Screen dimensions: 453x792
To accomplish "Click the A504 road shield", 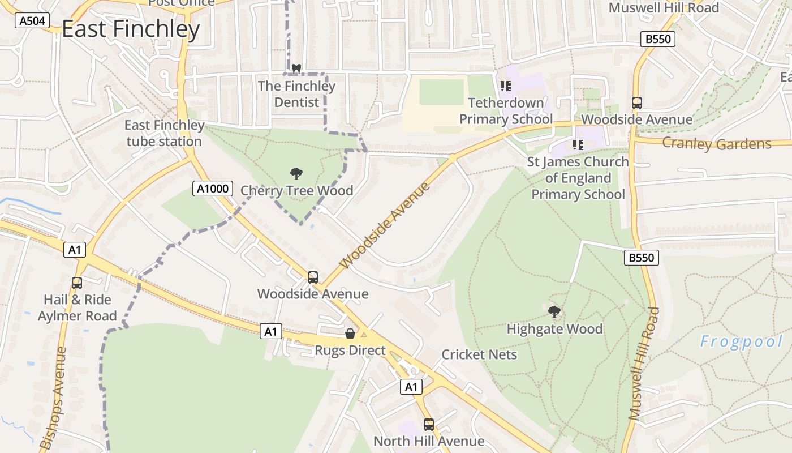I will [31, 21].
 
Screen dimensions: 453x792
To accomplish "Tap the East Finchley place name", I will [131, 29].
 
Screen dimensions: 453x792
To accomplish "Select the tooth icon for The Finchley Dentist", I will [295, 69].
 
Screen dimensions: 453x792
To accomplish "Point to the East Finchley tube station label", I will [164, 133].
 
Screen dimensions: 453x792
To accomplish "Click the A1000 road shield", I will [213, 189].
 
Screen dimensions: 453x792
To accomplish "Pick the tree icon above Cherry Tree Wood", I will [296, 174].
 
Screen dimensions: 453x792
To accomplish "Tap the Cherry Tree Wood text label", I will [297, 191].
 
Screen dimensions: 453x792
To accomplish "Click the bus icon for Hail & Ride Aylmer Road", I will [76, 283].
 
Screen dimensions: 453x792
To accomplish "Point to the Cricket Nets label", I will [479, 354].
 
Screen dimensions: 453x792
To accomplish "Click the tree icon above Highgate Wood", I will [554, 311].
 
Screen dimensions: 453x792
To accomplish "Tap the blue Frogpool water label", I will [741, 341].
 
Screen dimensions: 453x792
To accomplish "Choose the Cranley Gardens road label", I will [716, 143].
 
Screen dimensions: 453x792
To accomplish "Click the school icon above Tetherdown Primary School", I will [505, 86].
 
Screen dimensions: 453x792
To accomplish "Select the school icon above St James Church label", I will [578, 145].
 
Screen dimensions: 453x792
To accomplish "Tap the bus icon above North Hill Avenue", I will [429, 424].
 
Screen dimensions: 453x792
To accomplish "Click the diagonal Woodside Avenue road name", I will [385, 225].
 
